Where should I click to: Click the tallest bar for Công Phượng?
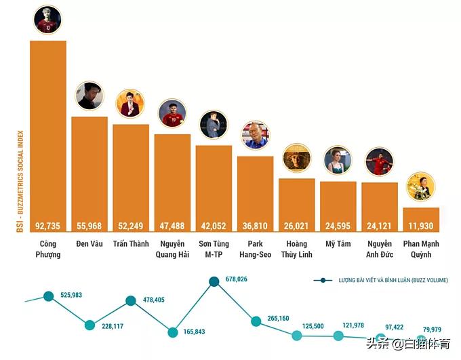pos(48,136)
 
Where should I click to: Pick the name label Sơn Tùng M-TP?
pos(214,249)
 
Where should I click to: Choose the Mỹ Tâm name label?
pos(338,244)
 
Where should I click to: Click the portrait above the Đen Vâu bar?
pos(89,96)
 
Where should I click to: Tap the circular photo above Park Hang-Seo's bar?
pos(255,135)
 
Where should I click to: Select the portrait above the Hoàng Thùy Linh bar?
pos(296,157)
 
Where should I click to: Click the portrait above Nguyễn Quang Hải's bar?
pos(172,113)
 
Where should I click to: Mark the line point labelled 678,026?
pos(214,281)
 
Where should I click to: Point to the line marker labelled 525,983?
pos(48,296)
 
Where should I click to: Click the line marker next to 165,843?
pos(172,332)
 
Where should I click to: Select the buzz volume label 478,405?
pos(159,300)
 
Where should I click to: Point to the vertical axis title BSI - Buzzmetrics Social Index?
pos(20,181)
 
